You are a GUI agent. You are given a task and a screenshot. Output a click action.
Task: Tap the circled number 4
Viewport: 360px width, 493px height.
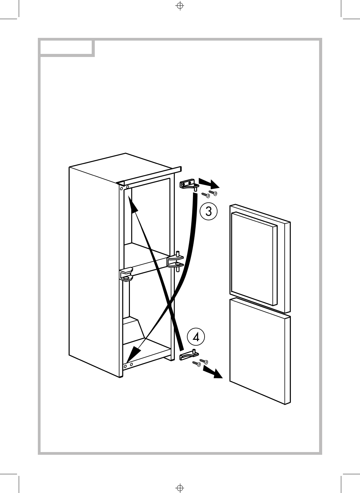point(196,337)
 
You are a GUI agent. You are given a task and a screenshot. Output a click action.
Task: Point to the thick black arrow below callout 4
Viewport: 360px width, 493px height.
point(212,372)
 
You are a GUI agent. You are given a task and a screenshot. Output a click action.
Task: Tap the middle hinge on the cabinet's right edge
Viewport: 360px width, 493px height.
point(176,262)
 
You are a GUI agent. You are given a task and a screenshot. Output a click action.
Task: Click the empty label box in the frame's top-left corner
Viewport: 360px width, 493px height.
point(66,48)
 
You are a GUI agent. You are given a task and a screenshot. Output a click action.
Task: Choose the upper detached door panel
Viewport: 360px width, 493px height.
point(254,258)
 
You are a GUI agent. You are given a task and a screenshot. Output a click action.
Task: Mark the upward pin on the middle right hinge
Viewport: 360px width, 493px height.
point(178,254)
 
